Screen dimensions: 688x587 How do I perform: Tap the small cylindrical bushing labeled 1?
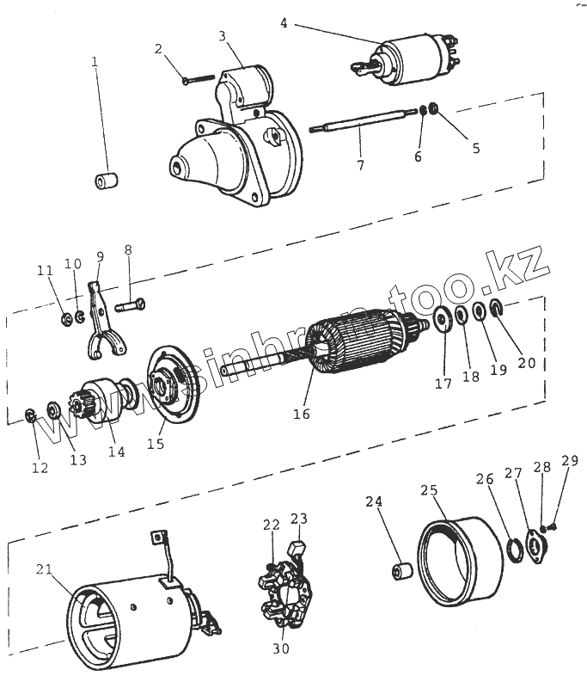click(107, 181)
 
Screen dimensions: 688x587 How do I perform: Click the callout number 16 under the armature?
click(301, 414)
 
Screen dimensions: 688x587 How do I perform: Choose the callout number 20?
click(526, 362)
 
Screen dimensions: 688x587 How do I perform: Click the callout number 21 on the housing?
click(46, 569)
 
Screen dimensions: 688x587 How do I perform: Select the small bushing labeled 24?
click(401, 573)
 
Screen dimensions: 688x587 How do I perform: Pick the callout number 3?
click(222, 36)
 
